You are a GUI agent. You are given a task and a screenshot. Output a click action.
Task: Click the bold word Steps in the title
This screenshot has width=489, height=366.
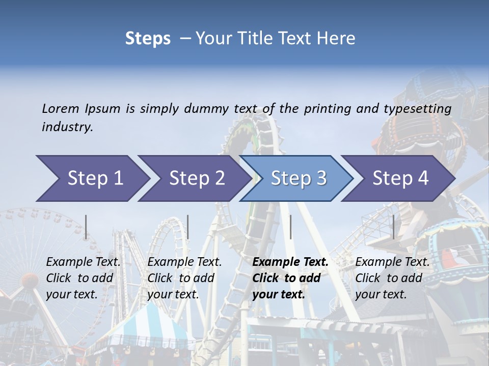pyautogui.click(x=148, y=38)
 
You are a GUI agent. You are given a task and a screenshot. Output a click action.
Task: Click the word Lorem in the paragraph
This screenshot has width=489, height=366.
pyautogui.click(x=60, y=108)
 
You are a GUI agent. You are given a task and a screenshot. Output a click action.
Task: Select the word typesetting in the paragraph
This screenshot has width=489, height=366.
pyautogui.click(x=418, y=108)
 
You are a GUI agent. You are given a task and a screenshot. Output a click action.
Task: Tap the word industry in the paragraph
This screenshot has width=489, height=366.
pyautogui.click(x=67, y=127)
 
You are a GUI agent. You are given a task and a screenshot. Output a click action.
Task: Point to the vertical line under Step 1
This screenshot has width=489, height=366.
pyautogui.click(x=86, y=227)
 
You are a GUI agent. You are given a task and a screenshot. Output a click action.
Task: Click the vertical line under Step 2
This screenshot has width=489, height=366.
pyautogui.click(x=188, y=227)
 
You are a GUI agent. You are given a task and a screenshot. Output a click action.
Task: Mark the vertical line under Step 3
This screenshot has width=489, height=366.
pyautogui.click(x=290, y=227)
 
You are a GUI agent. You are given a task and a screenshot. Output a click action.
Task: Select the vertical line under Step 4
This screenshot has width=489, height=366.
pyautogui.click(x=393, y=227)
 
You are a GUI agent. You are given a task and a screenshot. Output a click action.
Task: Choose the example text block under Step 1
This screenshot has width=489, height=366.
pyautogui.click(x=83, y=278)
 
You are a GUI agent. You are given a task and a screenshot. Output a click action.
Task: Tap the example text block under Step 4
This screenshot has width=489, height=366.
pyautogui.click(x=392, y=278)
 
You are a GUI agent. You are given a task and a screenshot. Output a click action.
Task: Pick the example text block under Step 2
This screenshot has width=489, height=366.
pyautogui.click(x=184, y=278)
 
